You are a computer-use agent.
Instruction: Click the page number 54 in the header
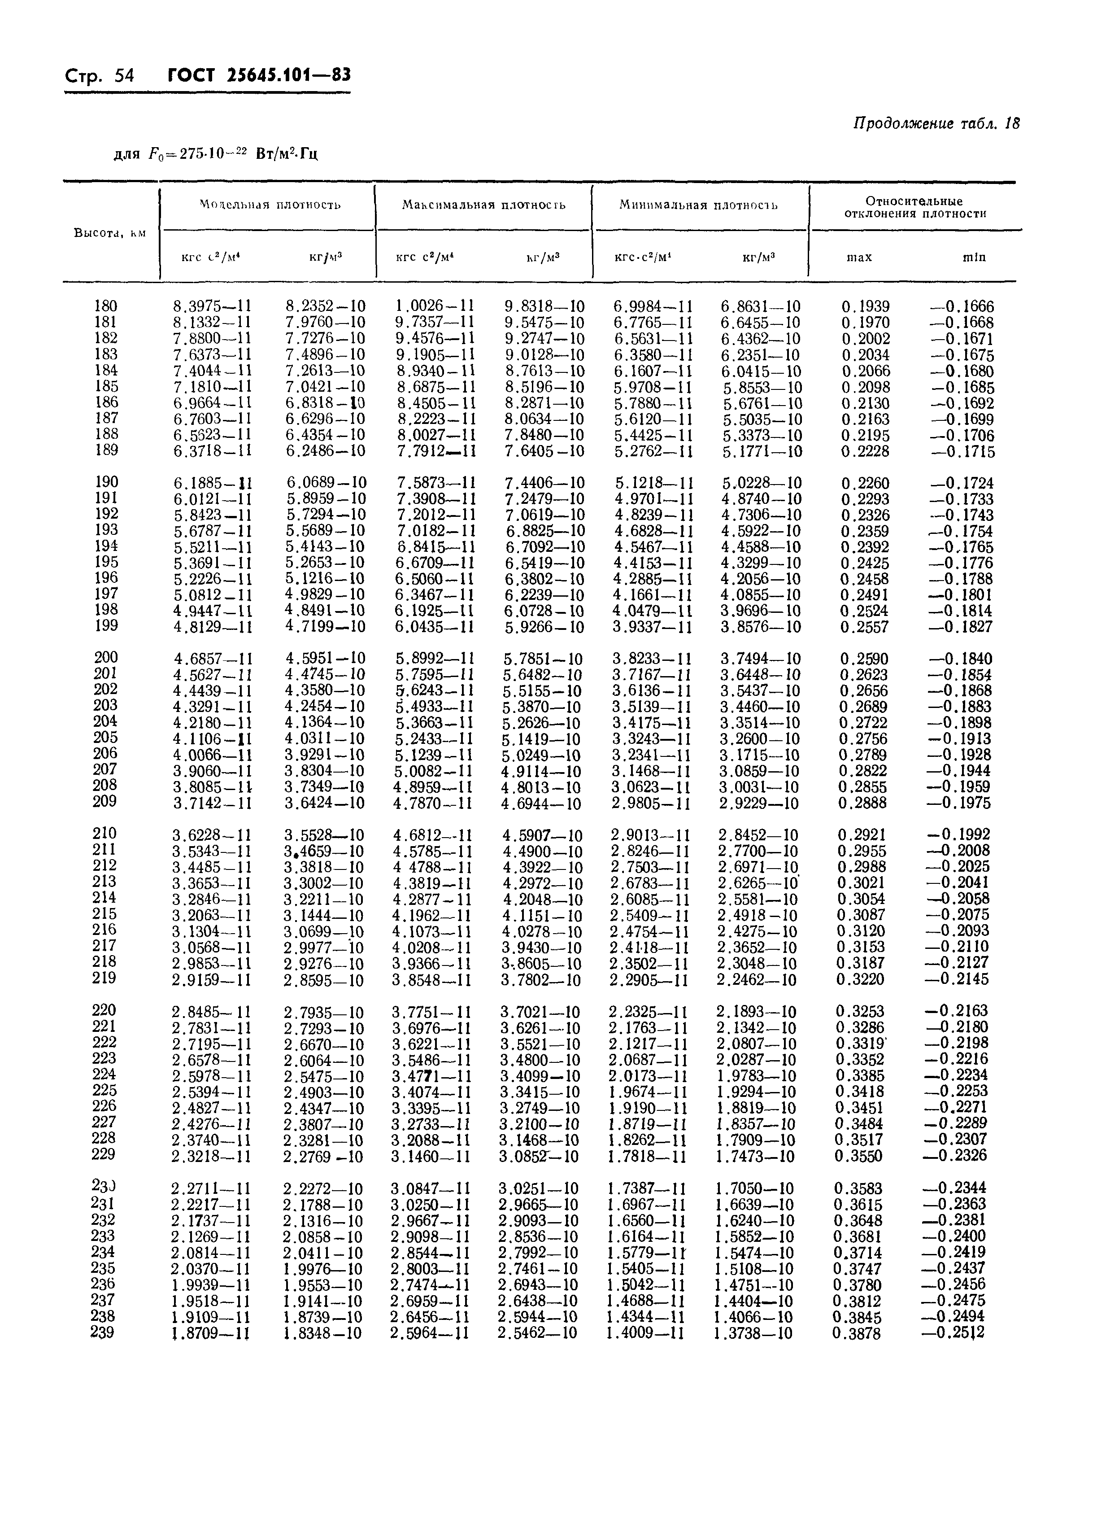point(124,75)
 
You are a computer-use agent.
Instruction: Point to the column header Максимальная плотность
point(483,205)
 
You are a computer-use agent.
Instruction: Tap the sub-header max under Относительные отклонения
point(860,258)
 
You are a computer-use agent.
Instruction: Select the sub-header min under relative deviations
point(974,258)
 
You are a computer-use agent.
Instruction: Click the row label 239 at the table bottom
point(102,1332)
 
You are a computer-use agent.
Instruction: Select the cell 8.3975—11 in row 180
point(213,306)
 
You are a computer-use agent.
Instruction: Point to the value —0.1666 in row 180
point(962,306)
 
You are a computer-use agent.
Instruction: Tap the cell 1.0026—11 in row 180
point(435,306)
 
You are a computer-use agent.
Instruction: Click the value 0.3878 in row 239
point(858,1333)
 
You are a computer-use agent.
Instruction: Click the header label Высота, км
point(110,232)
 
